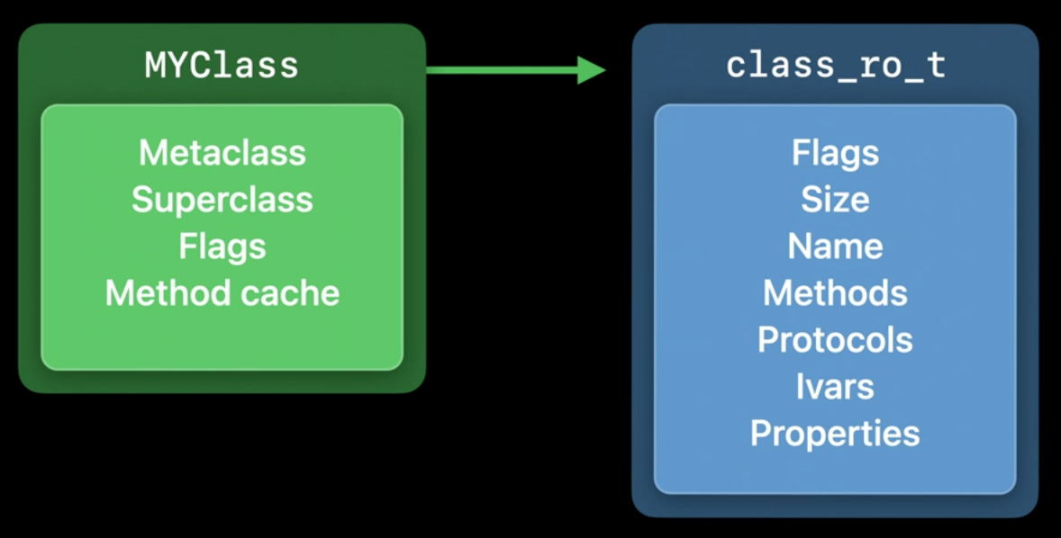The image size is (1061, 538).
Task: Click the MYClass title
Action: click(222, 66)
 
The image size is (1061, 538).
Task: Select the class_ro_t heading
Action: click(836, 67)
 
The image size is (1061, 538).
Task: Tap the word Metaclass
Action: click(222, 153)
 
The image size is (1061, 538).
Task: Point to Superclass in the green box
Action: click(222, 200)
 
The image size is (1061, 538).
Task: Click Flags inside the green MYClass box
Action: click(222, 247)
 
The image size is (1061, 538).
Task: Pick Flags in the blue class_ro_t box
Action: click(835, 153)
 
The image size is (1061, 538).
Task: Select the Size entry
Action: click(835, 200)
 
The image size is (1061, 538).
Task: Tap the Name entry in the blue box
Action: click(835, 247)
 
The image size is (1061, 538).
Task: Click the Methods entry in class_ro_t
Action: click(835, 293)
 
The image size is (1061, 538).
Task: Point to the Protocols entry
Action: click(835, 340)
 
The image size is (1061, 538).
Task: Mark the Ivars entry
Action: click(835, 387)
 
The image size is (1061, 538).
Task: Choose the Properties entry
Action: click(835, 434)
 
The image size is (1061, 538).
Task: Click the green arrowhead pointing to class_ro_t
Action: click(592, 69)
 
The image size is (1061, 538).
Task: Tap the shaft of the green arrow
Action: click(502, 69)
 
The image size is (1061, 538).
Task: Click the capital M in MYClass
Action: click(155, 67)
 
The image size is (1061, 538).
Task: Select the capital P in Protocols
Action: click(768, 340)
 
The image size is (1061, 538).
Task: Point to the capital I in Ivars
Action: click(800, 387)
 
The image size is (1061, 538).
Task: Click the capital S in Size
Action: click(812, 200)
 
